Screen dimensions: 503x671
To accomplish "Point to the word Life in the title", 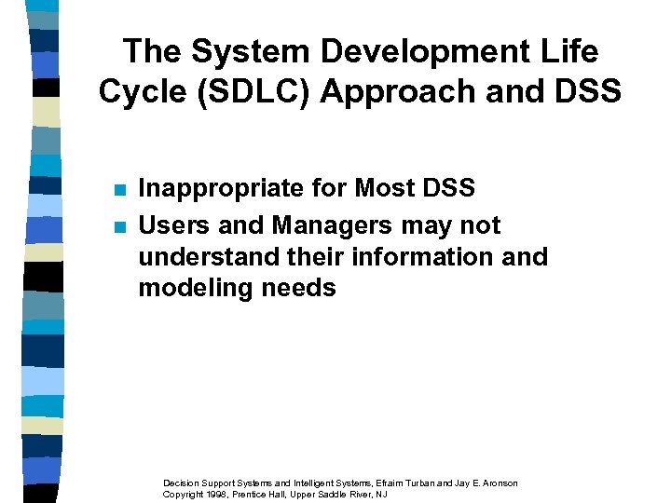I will [568, 51].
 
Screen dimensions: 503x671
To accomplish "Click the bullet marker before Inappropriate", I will [118, 190].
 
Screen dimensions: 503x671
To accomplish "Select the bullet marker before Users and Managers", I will [118, 226].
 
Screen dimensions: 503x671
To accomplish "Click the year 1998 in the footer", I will [217, 494].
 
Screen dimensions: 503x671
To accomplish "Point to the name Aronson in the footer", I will [496, 483].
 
